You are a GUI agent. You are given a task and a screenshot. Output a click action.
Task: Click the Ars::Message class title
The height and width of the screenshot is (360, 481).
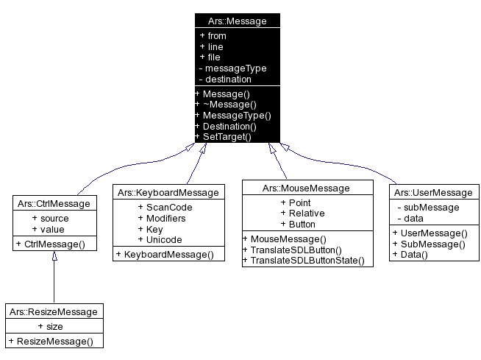point(237,21)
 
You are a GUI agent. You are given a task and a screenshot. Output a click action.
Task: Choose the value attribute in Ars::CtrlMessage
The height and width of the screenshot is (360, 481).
point(52,229)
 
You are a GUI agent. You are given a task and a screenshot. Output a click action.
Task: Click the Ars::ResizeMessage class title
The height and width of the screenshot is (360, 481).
point(54,311)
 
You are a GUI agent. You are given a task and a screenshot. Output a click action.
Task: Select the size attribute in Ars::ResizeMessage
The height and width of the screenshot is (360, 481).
point(54,326)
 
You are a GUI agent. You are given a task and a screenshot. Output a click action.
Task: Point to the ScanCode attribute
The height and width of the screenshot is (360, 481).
point(168,208)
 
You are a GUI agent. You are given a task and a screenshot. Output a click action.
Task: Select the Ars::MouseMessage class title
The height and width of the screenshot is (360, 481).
point(306,188)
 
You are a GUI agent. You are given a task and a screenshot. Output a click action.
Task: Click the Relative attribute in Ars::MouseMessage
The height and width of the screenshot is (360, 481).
point(305,213)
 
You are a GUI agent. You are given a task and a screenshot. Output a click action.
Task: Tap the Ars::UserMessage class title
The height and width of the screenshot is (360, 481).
point(432,192)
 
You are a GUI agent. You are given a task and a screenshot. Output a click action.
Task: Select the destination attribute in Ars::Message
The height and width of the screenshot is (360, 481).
point(228,79)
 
